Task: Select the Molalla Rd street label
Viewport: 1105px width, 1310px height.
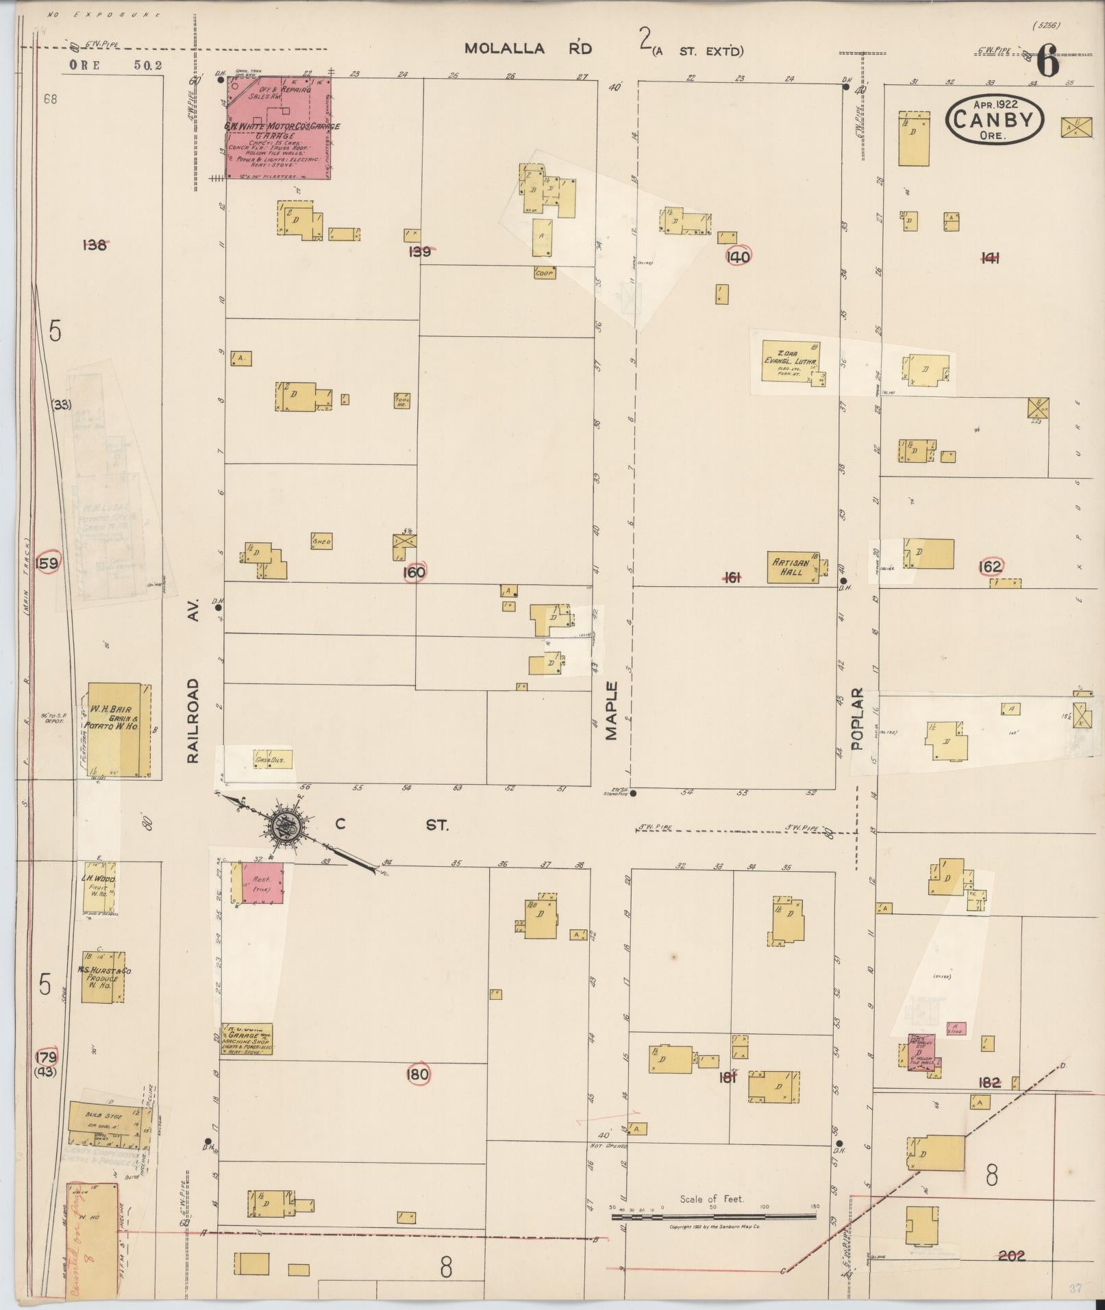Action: click(527, 49)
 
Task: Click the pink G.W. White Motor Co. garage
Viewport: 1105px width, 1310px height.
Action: click(278, 127)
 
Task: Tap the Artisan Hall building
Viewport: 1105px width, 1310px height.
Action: click(793, 567)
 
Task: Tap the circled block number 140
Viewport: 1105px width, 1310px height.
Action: click(739, 255)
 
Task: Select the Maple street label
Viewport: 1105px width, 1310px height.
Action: click(611, 710)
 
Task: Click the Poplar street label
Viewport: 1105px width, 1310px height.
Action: click(857, 719)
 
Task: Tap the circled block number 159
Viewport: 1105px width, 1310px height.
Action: click(49, 563)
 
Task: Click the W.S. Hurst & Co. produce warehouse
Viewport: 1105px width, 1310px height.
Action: click(103, 977)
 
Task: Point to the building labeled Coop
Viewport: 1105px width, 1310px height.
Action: click(545, 273)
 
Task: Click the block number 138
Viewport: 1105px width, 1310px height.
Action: click(94, 244)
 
